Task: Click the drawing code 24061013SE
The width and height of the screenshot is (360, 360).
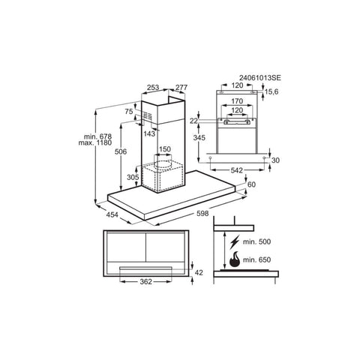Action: click(x=260, y=78)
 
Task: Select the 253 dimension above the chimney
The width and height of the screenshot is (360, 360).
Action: click(x=153, y=87)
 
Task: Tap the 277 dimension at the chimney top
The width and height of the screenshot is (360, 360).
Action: click(x=181, y=87)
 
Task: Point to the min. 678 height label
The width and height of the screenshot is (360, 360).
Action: click(x=97, y=136)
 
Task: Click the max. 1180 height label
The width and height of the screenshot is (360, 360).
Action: click(x=95, y=143)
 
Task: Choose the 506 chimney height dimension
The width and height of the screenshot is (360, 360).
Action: click(x=121, y=151)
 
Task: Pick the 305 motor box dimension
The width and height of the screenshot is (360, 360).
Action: click(x=133, y=177)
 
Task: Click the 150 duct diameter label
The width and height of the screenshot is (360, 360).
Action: click(x=165, y=149)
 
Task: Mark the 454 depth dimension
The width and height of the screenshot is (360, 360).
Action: click(x=112, y=214)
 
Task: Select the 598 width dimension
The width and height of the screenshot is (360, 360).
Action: click(x=202, y=213)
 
